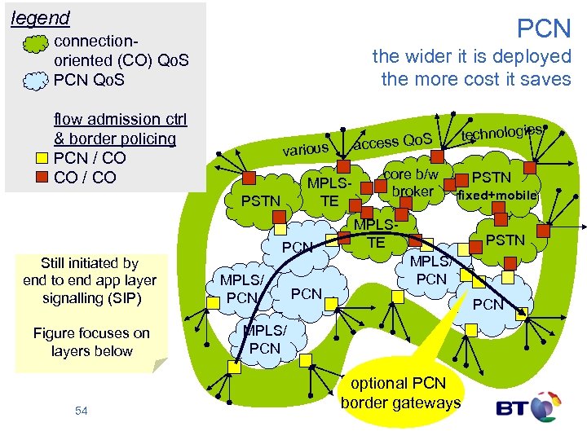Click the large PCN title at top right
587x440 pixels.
pyautogui.click(x=545, y=29)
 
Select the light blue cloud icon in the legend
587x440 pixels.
pyautogui.click(x=36, y=80)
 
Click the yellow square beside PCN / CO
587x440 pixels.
pyautogui.click(x=45, y=157)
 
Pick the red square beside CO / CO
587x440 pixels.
pyautogui.click(x=45, y=177)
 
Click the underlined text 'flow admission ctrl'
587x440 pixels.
pyautogui.click(x=119, y=119)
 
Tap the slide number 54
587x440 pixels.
pyautogui.click(x=81, y=411)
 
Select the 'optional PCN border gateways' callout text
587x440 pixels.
pyautogui.click(x=400, y=393)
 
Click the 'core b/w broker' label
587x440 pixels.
pyautogui.click(x=413, y=183)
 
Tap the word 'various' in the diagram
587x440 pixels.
pyautogui.click(x=306, y=149)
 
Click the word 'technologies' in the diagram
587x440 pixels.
pyautogui.click(x=501, y=130)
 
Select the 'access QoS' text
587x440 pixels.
pyautogui.click(x=398, y=139)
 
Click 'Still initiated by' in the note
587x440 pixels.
pyautogui.click(x=90, y=262)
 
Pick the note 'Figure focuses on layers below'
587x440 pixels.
pyautogui.click(x=91, y=341)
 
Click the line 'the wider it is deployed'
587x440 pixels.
pyautogui.click(x=471, y=56)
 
